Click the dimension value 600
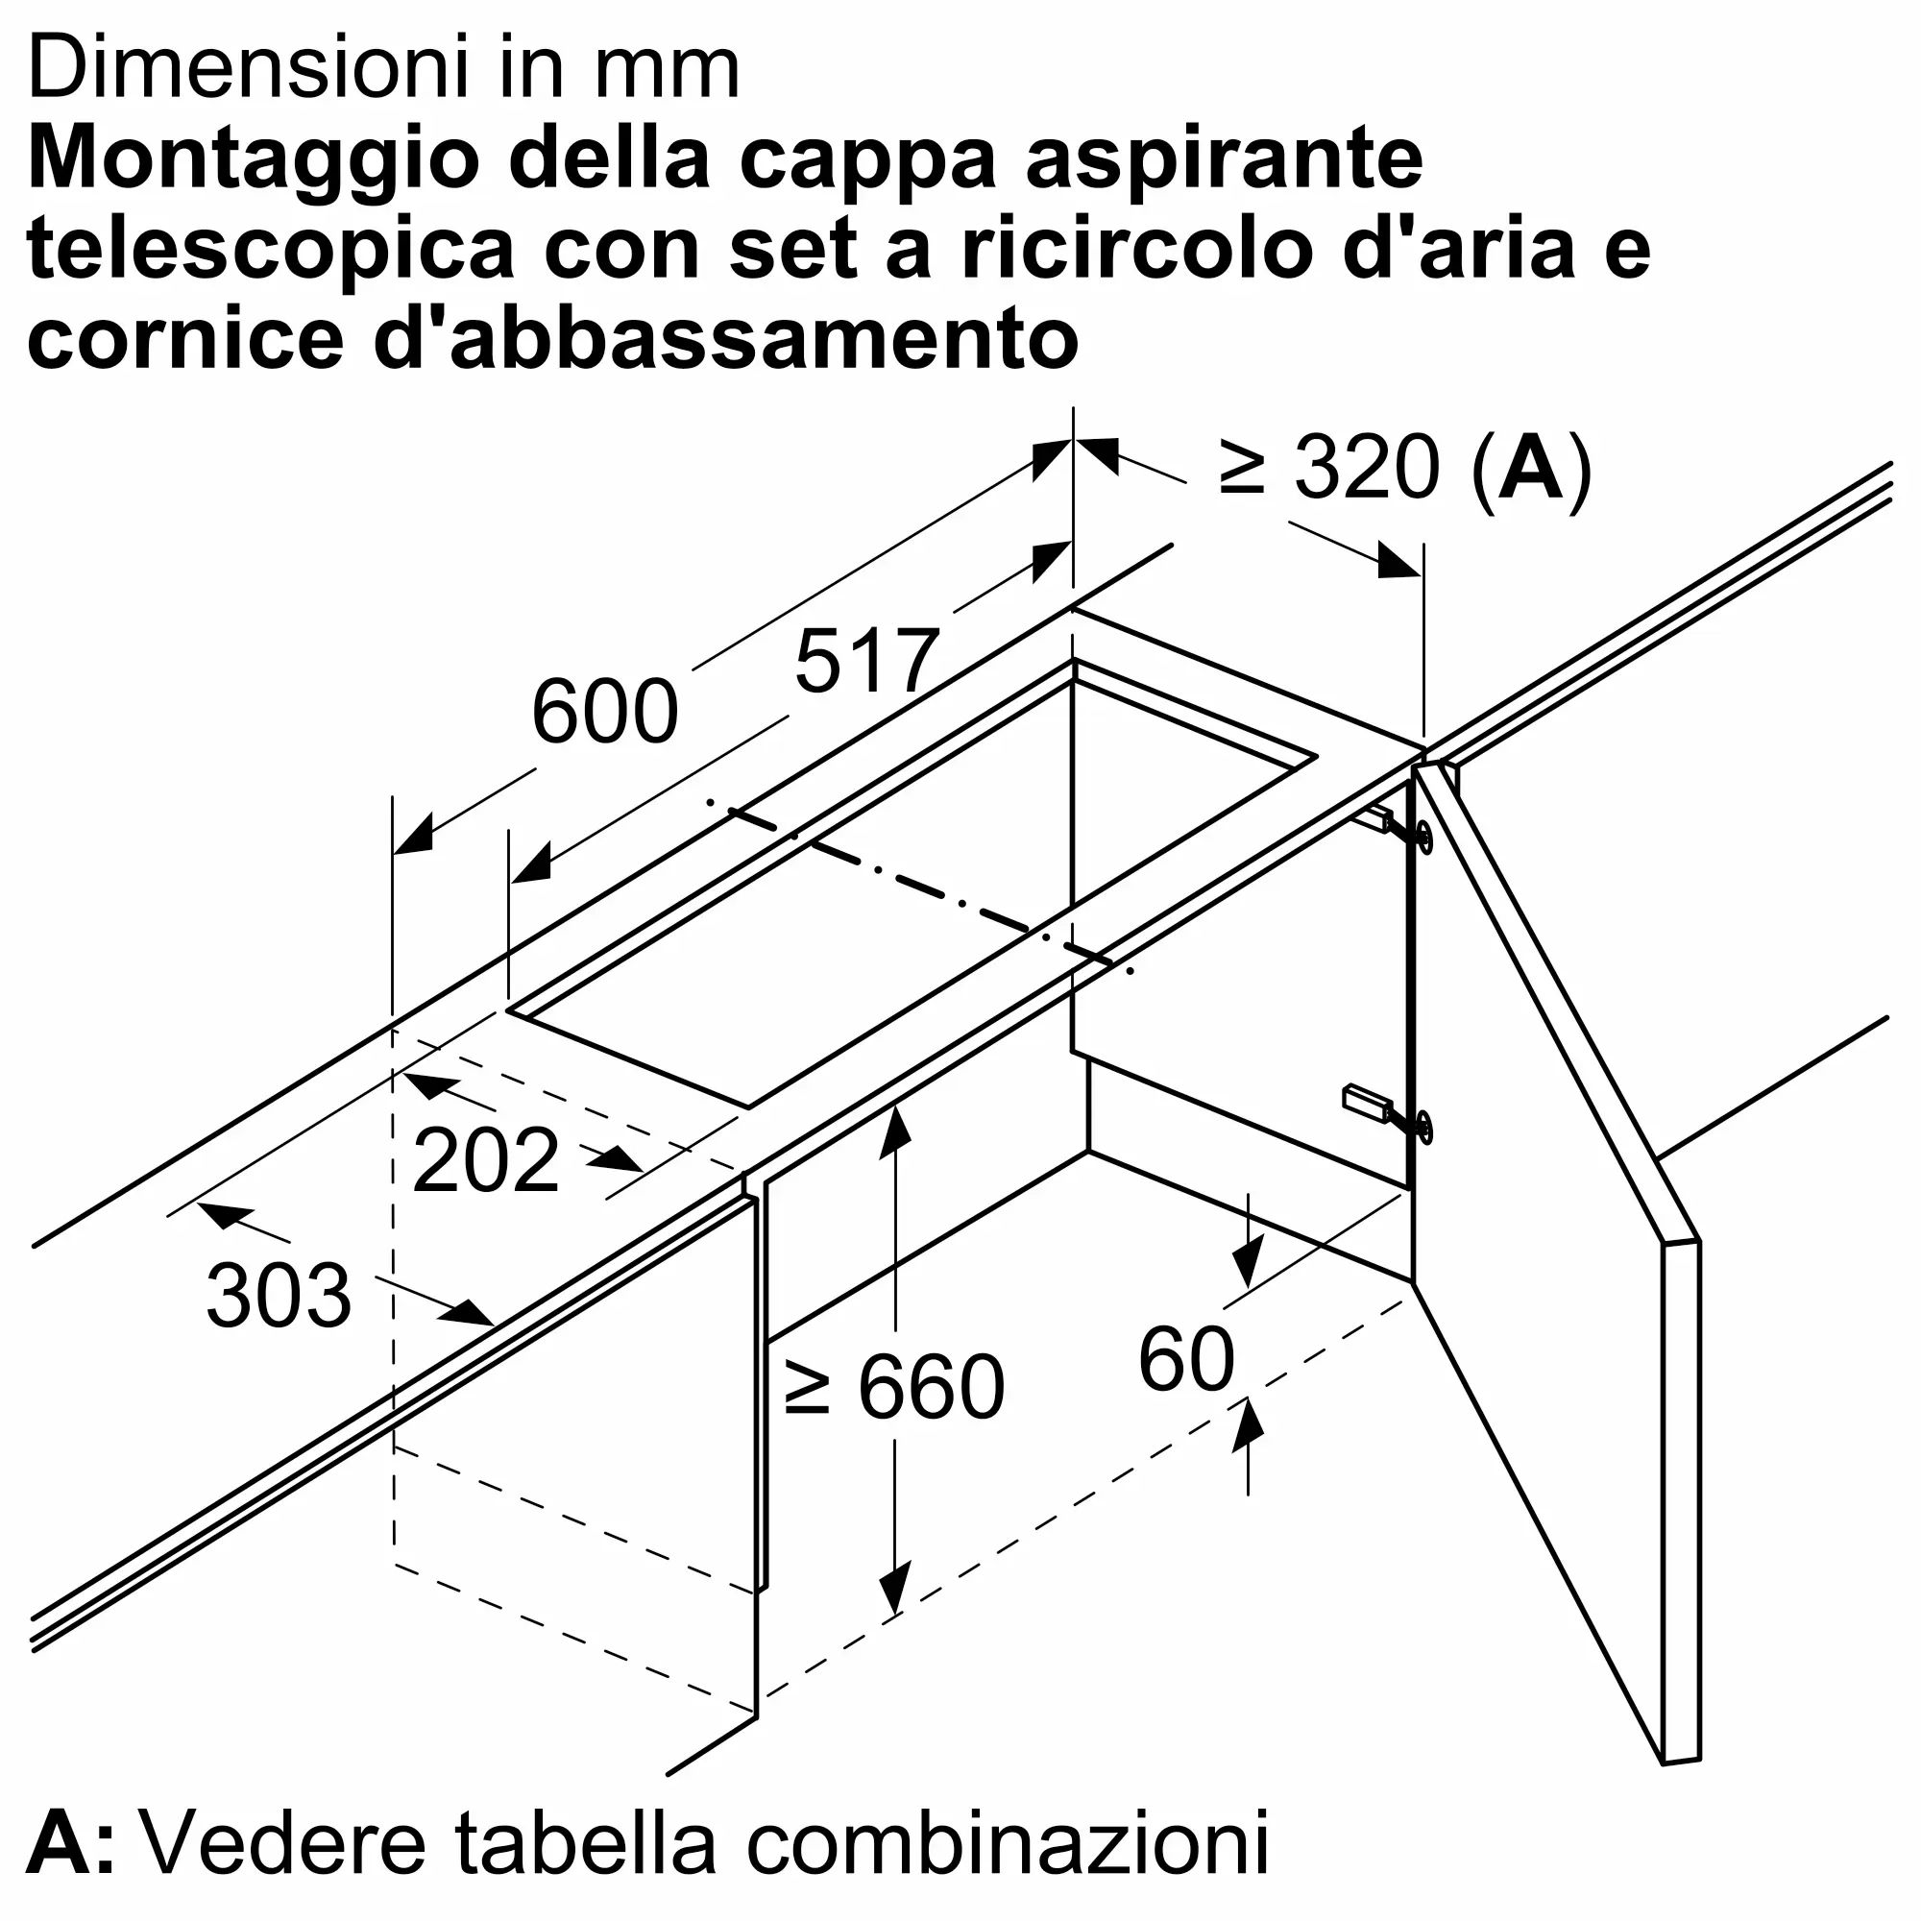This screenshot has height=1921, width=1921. point(604,712)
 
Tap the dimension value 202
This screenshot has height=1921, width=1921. point(485,1159)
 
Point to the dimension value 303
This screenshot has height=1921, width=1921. point(279,1295)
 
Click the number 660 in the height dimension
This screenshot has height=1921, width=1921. point(931,1386)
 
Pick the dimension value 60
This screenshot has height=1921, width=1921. point(1186,1359)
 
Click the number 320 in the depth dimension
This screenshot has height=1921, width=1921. point(1366,468)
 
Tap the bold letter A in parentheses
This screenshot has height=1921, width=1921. point(1530,468)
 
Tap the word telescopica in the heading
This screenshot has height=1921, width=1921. point(271,249)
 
